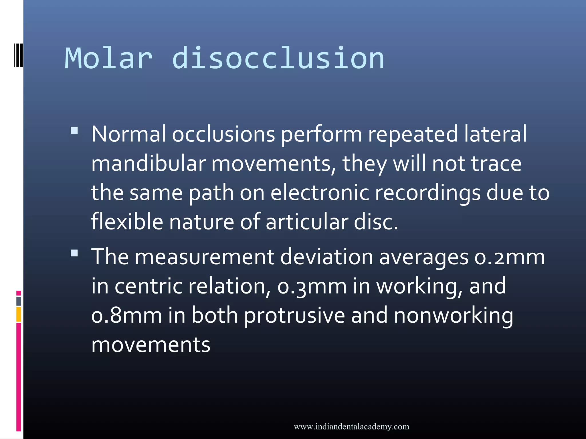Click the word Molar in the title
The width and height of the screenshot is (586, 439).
[x=108, y=59]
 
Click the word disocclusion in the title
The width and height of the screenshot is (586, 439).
[x=278, y=59]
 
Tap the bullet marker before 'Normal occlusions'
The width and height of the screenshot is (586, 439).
[x=74, y=131]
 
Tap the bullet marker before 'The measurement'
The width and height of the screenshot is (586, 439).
[x=74, y=253]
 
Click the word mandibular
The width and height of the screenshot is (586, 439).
[x=149, y=163]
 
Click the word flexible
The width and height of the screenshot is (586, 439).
[x=127, y=222]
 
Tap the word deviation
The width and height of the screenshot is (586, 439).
[x=326, y=257]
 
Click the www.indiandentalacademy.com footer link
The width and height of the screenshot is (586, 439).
[x=351, y=427]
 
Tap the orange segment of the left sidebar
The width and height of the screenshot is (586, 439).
[x=19, y=314]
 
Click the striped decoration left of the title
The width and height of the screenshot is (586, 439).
[x=18, y=55]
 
